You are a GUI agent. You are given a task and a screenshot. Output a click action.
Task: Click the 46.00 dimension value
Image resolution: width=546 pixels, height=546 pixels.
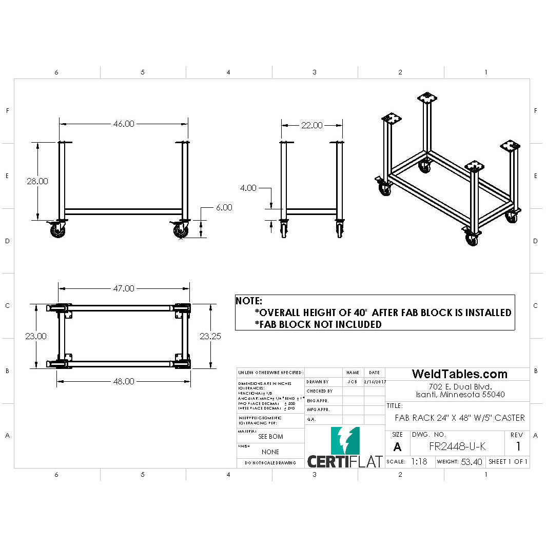point(123,124)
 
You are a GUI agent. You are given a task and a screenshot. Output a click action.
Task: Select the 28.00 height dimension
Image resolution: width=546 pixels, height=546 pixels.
point(37,181)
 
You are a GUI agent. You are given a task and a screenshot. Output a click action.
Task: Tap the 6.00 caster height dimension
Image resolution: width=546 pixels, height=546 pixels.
point(224,207)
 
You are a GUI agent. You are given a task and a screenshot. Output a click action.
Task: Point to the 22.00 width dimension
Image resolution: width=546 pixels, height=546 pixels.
point(311,125)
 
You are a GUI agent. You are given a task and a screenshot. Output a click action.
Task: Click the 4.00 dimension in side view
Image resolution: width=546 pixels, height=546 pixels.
point(248,188)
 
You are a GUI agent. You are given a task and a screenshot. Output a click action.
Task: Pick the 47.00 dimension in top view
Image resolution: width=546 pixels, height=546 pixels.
point(123,288)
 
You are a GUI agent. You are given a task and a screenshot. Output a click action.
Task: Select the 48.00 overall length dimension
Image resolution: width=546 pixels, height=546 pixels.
point(123,381)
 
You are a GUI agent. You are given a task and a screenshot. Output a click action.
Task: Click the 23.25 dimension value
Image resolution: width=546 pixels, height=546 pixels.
point(211,336)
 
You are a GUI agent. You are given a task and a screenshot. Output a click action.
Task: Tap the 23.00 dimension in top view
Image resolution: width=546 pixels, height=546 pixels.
point(36,336)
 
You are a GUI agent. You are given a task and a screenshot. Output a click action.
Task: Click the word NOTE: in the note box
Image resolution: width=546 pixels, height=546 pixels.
point(249,301)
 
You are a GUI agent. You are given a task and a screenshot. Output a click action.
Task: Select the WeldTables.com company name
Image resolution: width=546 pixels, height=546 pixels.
point(460,374)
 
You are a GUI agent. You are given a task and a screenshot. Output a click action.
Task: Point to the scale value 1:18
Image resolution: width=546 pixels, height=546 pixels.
point(419,461)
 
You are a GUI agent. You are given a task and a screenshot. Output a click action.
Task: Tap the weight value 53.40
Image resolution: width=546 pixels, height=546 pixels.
point(471,462)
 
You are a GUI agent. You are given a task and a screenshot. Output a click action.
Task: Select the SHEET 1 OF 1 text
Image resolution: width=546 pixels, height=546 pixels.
point(508,461)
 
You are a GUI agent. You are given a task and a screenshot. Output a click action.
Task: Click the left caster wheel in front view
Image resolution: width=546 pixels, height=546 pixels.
point(57,231)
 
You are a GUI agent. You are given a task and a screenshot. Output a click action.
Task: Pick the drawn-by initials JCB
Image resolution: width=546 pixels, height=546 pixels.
point(352,382)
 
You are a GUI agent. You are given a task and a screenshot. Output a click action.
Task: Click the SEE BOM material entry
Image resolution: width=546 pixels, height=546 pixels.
point(270,437)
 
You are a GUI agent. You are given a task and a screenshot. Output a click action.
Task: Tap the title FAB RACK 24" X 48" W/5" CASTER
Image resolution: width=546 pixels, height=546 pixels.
point(459,418)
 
